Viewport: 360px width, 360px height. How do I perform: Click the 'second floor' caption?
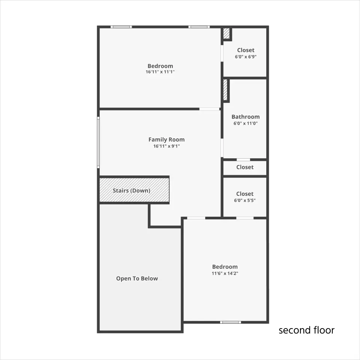pos(306,330)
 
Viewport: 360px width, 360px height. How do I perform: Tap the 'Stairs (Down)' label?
pos(132,190)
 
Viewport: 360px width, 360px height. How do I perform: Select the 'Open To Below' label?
pos(137,278)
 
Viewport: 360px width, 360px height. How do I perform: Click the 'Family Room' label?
pos(166,139)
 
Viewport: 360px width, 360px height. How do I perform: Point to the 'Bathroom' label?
pos(245,117)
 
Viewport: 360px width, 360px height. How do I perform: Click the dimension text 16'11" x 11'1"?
pos(160,72)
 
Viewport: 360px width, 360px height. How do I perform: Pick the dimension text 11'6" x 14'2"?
pos(225,273)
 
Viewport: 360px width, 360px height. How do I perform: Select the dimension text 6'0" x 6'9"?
pos(246,57)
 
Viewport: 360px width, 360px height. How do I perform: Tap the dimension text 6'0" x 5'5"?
pos(245,200)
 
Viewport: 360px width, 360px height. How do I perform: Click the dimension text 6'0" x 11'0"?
pos(245,123)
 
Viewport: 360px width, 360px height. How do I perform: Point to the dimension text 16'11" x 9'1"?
pos(166,146)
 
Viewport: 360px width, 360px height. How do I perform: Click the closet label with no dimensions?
pos(245,167)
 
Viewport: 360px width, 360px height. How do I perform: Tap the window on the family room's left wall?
pos(98,142)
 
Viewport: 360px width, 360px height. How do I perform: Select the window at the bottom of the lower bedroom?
pos(231,322)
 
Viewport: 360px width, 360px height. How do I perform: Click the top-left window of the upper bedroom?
pos(121,27)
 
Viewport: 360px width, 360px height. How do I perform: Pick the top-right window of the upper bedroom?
pos(199,27)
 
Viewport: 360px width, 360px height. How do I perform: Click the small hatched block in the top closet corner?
pos(226,33)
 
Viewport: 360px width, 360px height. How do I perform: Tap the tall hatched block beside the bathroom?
pos(225,90)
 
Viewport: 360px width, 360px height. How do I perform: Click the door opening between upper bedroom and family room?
pos(209,109)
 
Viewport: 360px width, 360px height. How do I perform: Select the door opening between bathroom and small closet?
pos(243,160)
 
